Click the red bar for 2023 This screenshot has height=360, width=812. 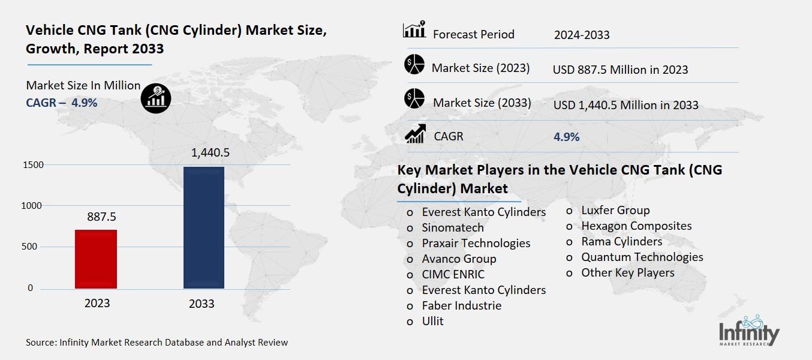point(96,259)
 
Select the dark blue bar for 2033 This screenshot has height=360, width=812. point(203,227)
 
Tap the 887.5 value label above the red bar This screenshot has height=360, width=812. point(96,216)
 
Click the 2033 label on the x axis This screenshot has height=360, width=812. point(202,304)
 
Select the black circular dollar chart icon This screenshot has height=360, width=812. point(156,97)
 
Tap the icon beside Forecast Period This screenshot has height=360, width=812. point(414,29)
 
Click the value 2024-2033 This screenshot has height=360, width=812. point(582,35)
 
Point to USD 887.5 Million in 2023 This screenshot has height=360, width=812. point(620,70)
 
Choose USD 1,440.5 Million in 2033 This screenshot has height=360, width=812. point(625,105)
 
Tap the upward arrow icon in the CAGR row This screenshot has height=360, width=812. point(415,133)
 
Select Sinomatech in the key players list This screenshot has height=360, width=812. point(452,228)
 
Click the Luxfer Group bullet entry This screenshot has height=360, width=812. point(615,210)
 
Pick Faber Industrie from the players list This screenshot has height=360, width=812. point(461,305)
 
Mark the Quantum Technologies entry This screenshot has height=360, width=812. point(642,257)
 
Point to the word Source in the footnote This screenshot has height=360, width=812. point(40,343)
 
